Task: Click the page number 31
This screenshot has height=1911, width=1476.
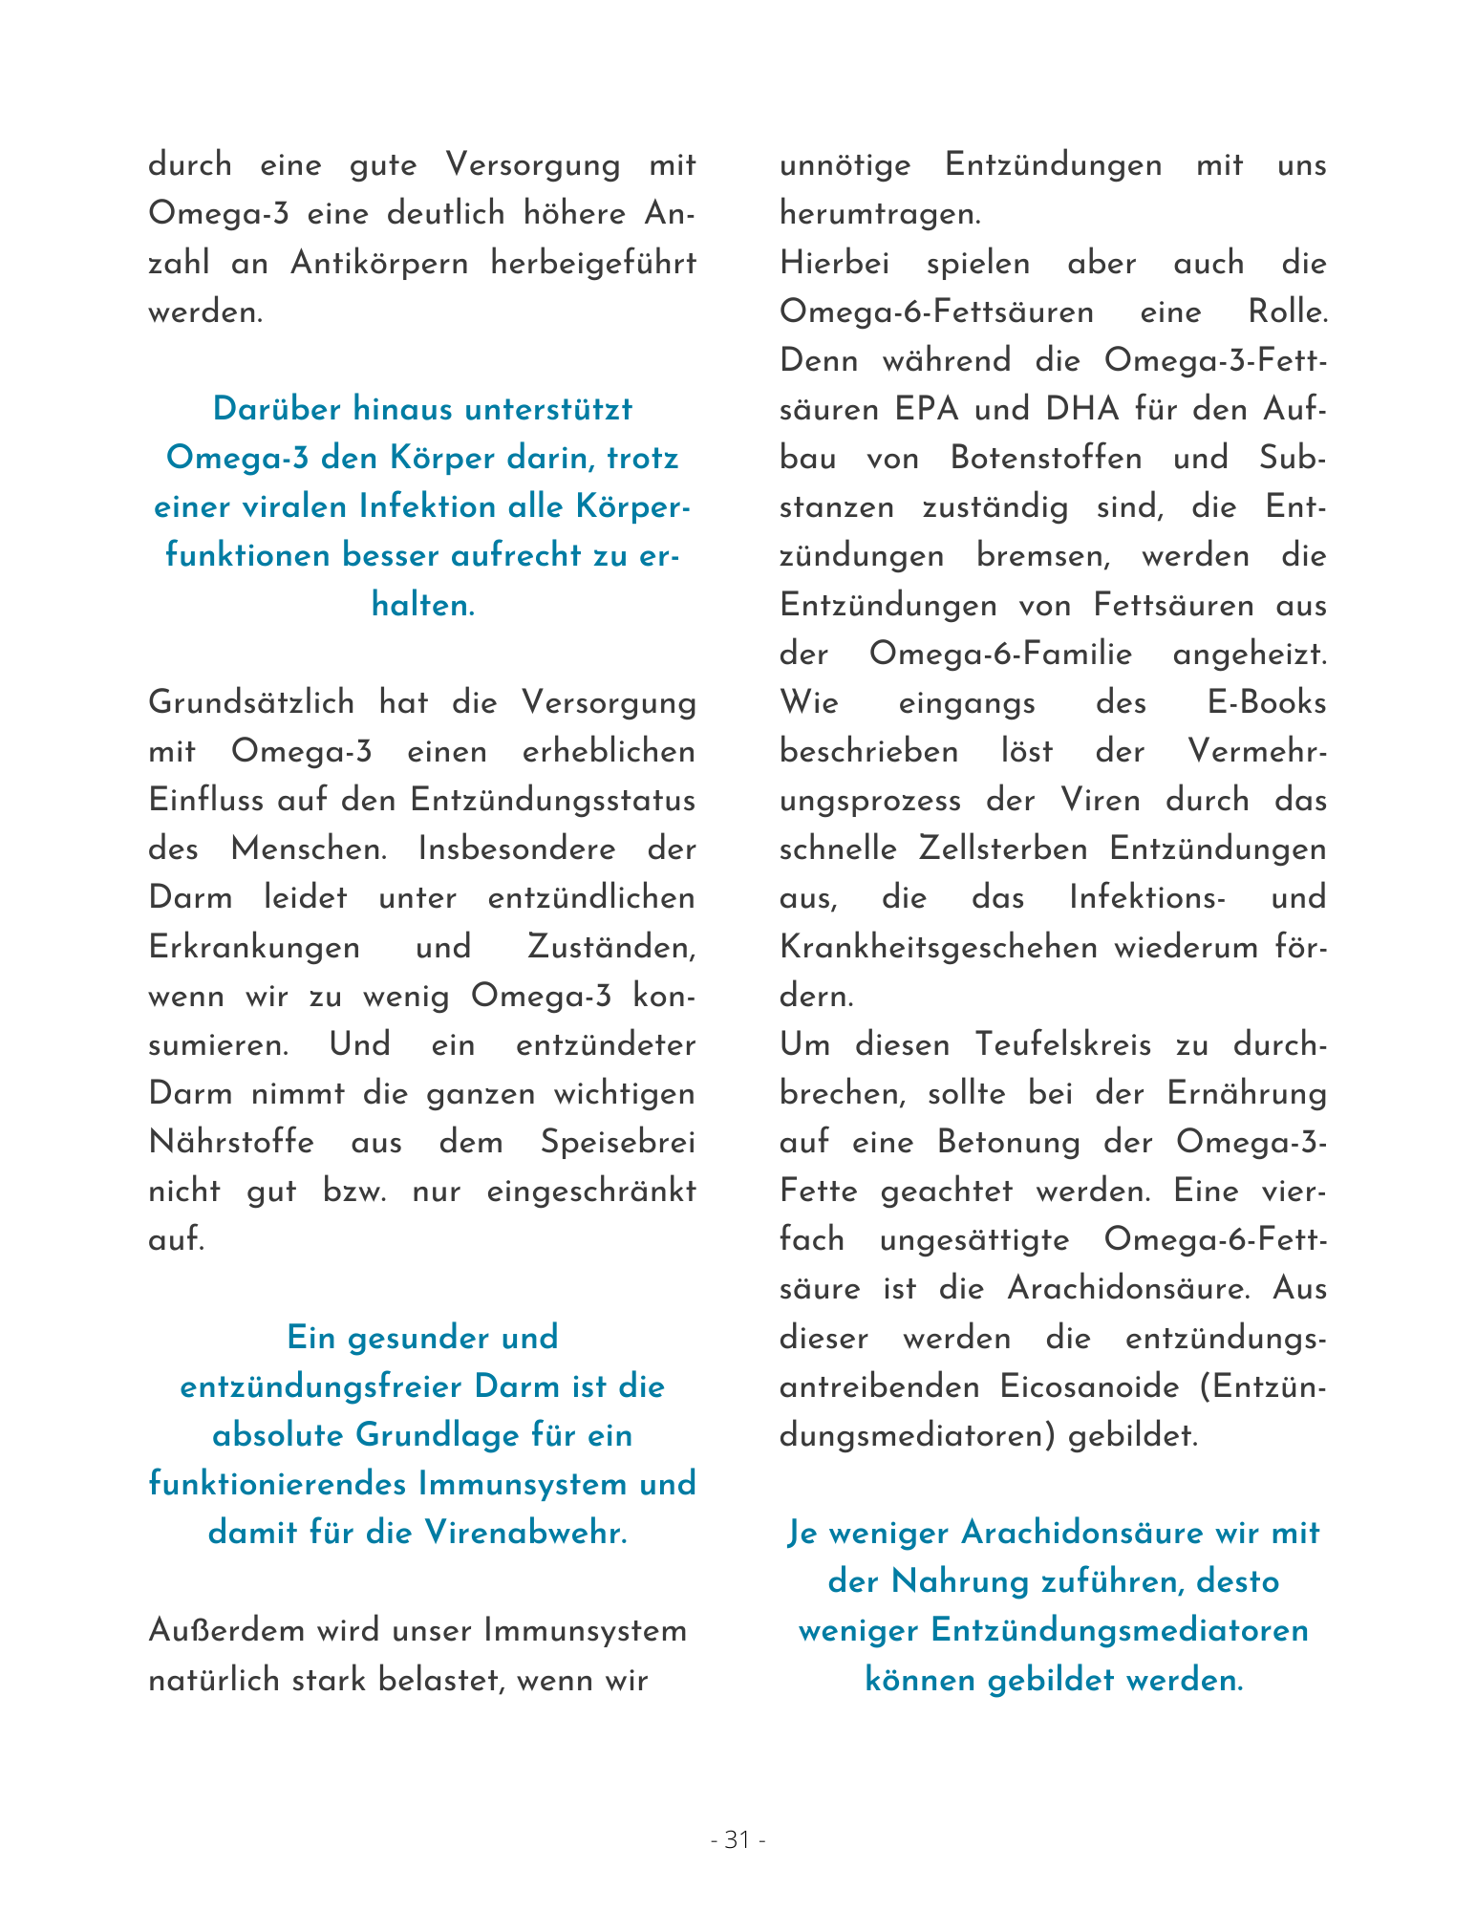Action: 738,1839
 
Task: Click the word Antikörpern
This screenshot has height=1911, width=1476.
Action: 379,263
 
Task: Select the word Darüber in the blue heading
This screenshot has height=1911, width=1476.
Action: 276,409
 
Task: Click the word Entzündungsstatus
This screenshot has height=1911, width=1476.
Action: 552,801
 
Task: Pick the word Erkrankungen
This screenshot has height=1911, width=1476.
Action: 254,947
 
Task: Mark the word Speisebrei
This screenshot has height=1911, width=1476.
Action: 617,1142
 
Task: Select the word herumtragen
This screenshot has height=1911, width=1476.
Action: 879,214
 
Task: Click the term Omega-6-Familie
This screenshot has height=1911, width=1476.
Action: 1000,655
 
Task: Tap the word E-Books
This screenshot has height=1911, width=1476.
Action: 1267,703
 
